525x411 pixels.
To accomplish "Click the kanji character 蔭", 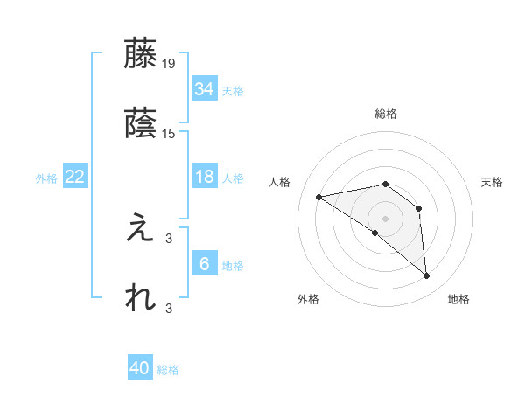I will click(140, 124).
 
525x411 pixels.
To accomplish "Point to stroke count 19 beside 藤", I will click(169, 63).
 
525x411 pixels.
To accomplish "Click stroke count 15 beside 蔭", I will click(169, 133).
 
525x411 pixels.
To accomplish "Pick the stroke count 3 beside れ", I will click(169, 307).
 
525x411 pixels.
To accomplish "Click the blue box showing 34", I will click(204, 89).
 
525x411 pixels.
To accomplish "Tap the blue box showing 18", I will click(204, 177).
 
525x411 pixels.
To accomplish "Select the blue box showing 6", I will click(204, 264).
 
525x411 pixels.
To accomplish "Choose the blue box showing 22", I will click(75, 177).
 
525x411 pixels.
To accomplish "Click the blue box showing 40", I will click(140, 368).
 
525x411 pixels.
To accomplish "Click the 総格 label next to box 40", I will click(169, 370).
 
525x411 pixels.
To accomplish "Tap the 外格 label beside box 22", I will click(46, 178).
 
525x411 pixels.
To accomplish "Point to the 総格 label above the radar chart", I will click(386, 114).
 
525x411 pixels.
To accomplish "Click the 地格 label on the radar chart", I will click(458, 299).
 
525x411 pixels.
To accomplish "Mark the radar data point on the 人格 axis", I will click(319, 197).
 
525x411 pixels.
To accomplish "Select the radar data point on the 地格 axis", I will click(426, 275).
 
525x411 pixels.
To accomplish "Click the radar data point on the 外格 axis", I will click(375, 233).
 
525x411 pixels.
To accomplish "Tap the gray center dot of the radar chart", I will click(386, 218).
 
